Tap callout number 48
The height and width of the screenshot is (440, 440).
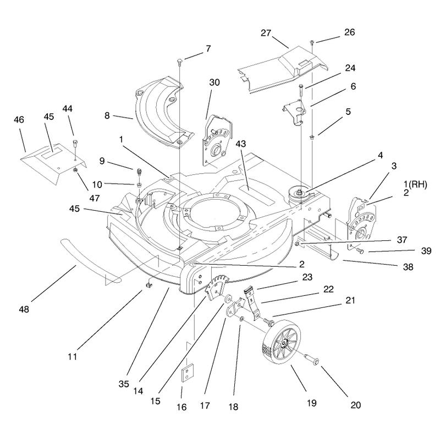[24, 310]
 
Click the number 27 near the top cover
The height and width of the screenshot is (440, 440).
[266, 33]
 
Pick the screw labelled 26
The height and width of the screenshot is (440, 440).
[312, 43]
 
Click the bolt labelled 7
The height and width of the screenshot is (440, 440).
[180, 61]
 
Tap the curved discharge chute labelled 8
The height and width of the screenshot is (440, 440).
[164, 112]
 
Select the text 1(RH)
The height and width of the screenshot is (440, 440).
[415, 185]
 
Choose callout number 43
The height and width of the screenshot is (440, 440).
[240, 144]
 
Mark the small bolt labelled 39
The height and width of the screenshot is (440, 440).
[359, 251]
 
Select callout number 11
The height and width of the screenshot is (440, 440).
[73, 356]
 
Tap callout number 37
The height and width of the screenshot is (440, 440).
[402, 240]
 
